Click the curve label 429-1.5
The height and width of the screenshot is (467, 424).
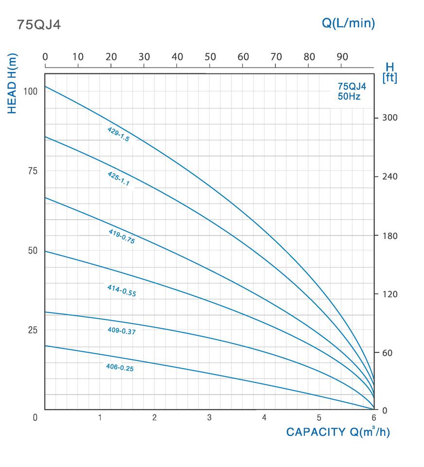[119, 134]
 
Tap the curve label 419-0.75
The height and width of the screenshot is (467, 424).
[121, 236]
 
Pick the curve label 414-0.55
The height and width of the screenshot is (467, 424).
[121, 290]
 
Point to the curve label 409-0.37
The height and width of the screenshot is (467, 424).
[121, 330]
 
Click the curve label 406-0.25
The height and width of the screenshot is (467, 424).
[120, 368]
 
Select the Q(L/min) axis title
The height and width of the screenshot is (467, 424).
[349, 23]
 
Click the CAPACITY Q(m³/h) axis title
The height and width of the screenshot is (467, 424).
[338, 432]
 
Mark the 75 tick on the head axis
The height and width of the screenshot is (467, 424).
[32, 171]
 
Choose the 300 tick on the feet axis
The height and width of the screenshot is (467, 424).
[390, 118]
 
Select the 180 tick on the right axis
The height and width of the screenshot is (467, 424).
[390, 236]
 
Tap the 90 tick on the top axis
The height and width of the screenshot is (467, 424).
[342, 57]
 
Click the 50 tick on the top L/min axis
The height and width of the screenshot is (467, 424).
[210, 57]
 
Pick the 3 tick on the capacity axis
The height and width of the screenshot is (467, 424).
[209, 417]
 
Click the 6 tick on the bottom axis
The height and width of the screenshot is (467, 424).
[373, 417]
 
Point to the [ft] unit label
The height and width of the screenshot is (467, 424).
[390, 78]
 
